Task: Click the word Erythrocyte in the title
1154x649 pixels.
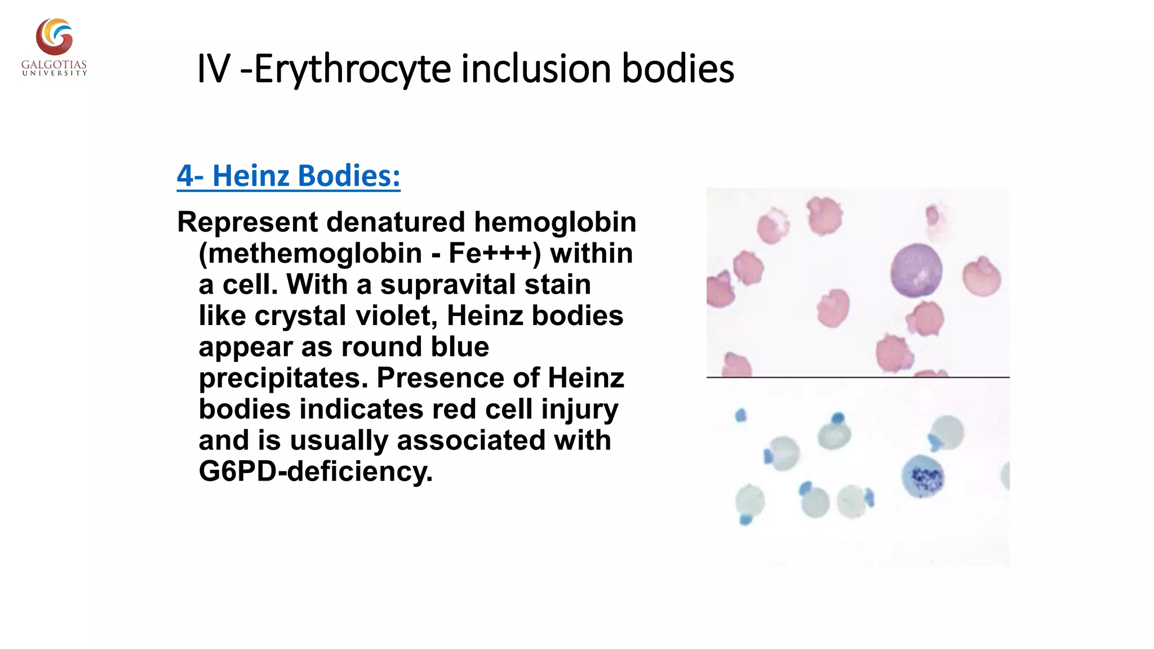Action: [353, 70]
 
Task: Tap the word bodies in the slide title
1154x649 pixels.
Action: [677, 69]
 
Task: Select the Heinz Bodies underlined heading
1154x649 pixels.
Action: [288, 176]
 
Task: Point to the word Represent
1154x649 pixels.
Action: [247, 223]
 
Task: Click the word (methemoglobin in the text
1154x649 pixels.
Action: [310, 254]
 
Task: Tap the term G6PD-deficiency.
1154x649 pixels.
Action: [316, 472]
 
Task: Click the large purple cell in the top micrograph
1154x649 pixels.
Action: [916, 271]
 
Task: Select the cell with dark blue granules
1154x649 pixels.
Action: [923, 477]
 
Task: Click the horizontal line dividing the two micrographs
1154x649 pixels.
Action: [858, 377]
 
